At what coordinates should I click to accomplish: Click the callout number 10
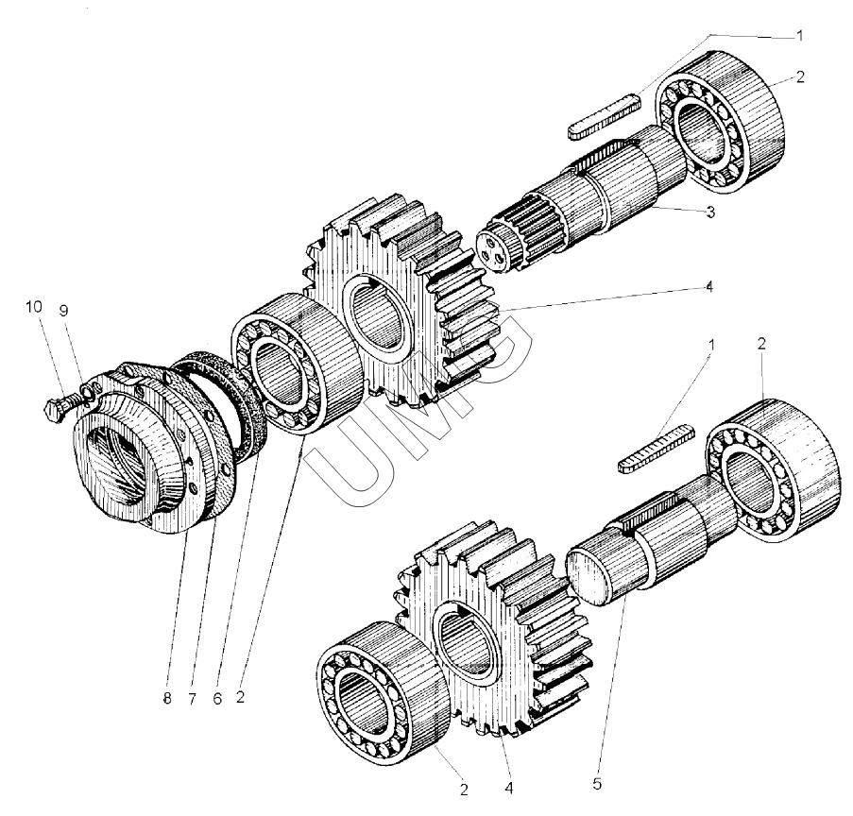coord(34,307)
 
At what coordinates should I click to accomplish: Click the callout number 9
coord(63,311)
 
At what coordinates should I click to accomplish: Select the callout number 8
coord(167,699)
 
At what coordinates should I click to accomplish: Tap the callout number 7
coord(192,699)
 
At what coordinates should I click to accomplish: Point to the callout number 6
coord(217,699)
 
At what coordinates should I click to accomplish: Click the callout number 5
coord(597,784)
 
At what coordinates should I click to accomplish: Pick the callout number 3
coord(710,212)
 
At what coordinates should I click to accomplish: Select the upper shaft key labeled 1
coord(605,116)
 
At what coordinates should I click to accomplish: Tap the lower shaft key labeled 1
coord(657,449)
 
